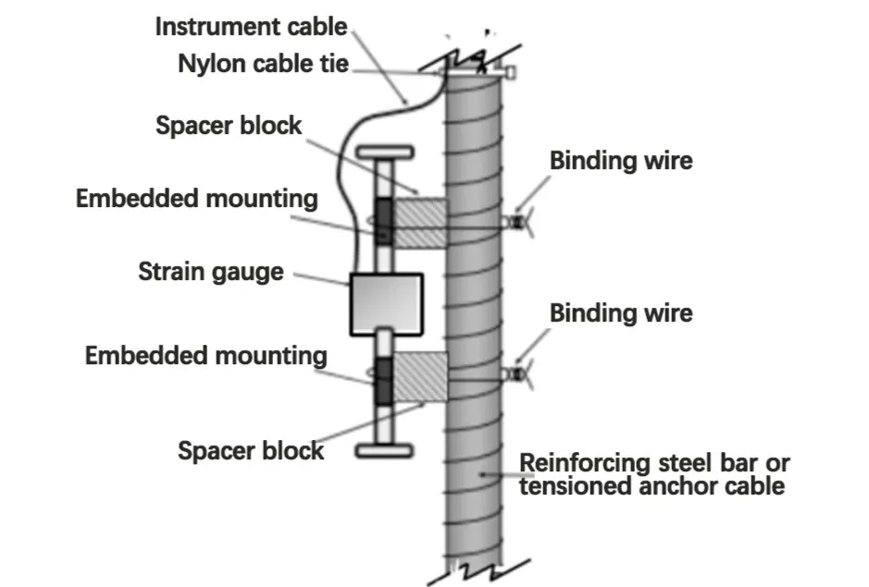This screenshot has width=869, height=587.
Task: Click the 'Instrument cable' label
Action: click(x=250, y=26)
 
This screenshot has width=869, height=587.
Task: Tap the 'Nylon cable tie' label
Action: click(x=263, y=65)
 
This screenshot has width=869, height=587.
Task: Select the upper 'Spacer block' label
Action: click(x=229, y=125)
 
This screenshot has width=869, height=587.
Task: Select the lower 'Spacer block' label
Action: click(x=251, y=450)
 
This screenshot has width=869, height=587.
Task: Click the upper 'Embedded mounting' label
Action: click(x=197, y=198)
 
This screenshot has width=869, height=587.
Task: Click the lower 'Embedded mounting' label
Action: click(x=205, y=356)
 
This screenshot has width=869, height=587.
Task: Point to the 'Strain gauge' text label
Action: click(x=211, y=272)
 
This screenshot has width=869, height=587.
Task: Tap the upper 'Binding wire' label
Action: click(x=621, y=160)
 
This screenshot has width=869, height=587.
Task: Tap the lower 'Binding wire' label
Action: click(x=621, y=312)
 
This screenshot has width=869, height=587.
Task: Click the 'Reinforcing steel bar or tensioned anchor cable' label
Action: click(x=654, y=473)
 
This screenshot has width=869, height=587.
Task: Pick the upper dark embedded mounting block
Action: click(x=383, y=223)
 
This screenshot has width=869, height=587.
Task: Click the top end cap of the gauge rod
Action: click(x=383, y=152)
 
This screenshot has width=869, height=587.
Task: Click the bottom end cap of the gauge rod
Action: click(x=383, y=450)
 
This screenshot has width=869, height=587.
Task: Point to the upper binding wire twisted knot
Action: click(x=515, y=223)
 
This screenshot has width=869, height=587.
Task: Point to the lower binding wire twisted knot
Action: click(x=515, y=374)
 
